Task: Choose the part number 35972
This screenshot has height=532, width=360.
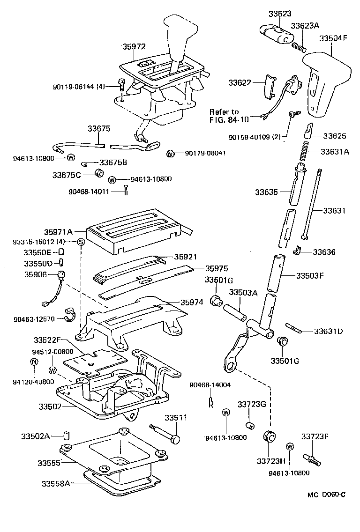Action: click(x=134, y=47)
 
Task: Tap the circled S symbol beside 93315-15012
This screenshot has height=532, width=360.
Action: click(x=80, y=242)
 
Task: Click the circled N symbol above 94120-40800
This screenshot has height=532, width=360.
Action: click(x=34, y=361)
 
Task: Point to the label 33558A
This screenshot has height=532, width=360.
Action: click(x=56, y=483)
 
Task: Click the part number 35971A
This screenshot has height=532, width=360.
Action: click(x=59, y=232)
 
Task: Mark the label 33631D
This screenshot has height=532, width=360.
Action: click(x=328, y=332)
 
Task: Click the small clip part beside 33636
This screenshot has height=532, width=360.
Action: click(x=297, y=251)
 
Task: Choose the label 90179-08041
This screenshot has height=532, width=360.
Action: click(x=204, y=153)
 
